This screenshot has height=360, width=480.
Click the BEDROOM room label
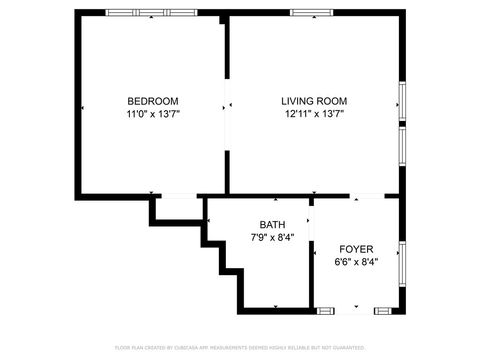click(152, 100)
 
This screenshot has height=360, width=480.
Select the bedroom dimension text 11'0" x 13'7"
click(152, 114)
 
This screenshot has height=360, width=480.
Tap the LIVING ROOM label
click(313, 100)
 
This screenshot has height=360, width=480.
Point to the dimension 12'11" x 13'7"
click(313, 114)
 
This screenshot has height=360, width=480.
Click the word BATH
click(272, 225)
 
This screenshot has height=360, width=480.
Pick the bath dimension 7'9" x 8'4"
click(272, 238)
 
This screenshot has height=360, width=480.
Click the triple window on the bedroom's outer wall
click(138, 13)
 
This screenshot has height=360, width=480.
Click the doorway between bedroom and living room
click(227, 104)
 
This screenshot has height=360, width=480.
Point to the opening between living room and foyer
click(367, 195)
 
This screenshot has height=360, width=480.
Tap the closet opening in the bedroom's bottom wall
click(177, 195)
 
